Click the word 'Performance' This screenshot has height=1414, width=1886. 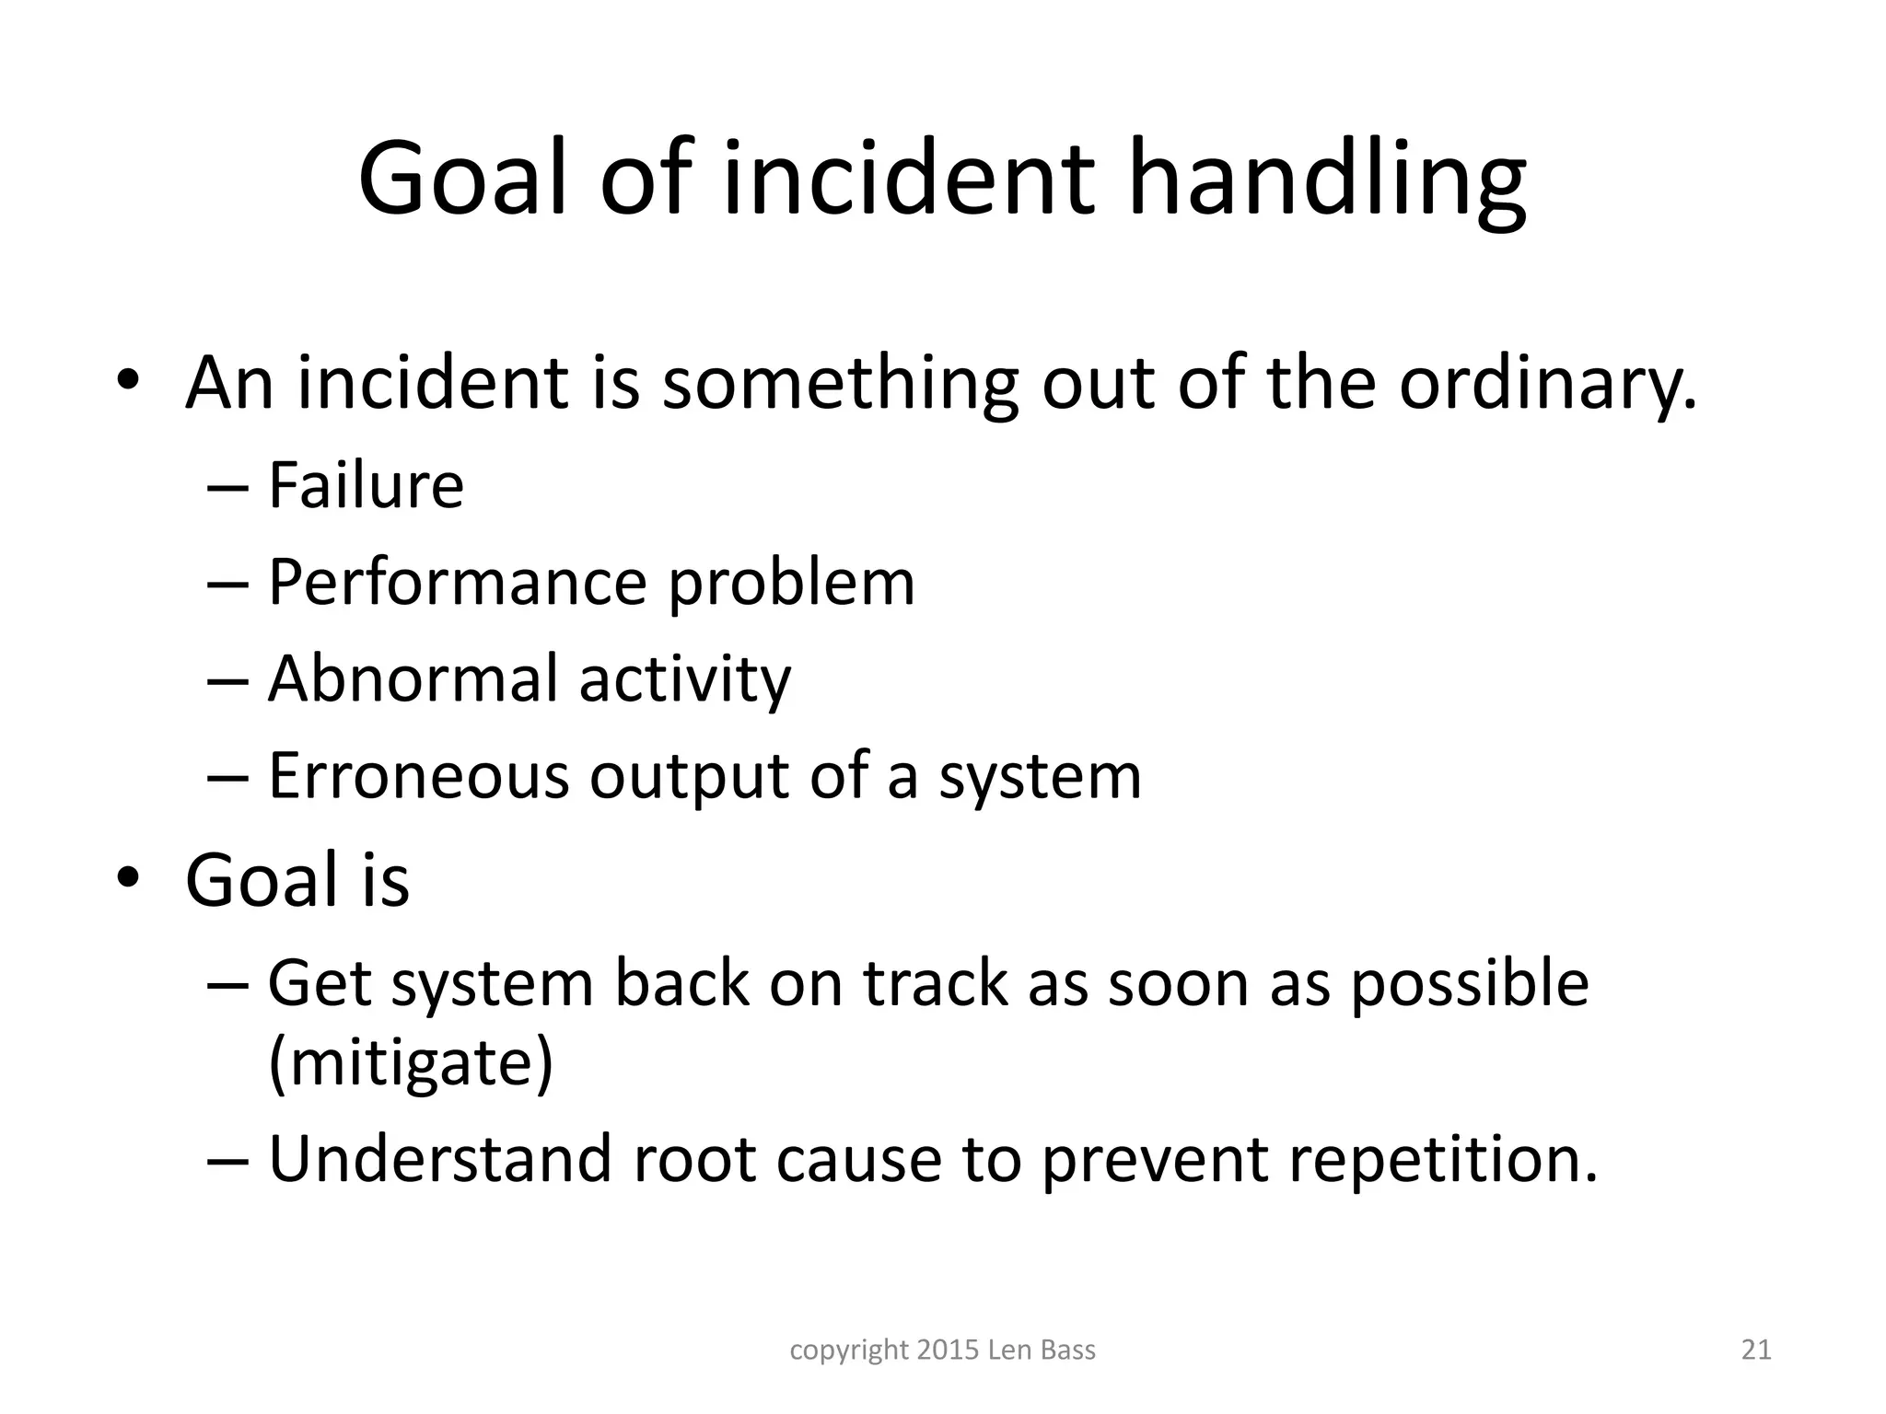click(x=458, y=584)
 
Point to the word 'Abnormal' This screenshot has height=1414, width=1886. click(x=413, y=678)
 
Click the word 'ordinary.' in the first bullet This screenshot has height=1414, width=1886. click(x=1547, y=383)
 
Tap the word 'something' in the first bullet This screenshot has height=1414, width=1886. click(x=840, y=383)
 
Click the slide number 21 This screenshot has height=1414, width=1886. click(x=1756, y=1350)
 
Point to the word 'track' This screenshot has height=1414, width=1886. click(x=936, y=984)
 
